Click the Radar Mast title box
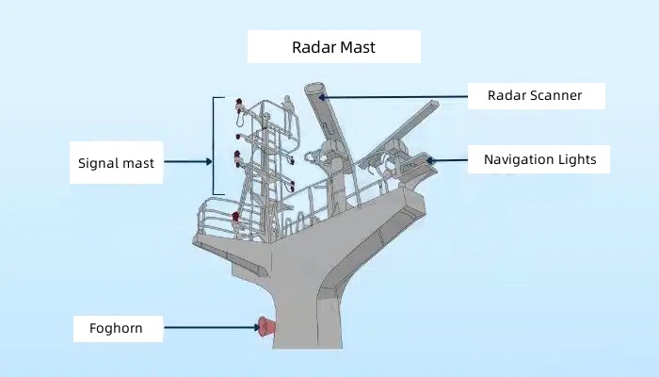pyautogui.click(x=334, y=47)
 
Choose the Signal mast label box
pyautogui.click(x=117, y=162)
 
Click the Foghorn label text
pyautogui.click(x=116, y=328)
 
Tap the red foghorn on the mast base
pyautogui.click(x=266, y=327)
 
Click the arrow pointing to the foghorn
pyautogui.click(x=212, y=327)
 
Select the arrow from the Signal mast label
pyautogui.click(x=188, y=161)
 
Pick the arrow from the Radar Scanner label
pyautogui.click(x=393, y=97)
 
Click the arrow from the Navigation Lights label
pyautogui.click(x=447, y=160)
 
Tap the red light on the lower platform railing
pyautogui.click(x=235, y=217)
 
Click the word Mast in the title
pyautogui.click(x=357, y=47)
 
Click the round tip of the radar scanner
pyautogui.click(x=314, y=89)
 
